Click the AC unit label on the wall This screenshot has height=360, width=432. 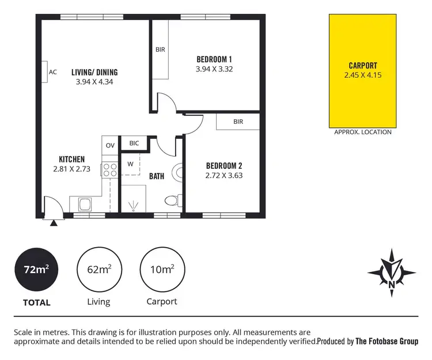pos(52,72)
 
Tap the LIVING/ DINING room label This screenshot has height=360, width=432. pos(94,73)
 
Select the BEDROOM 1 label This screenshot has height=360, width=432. pos(214,59)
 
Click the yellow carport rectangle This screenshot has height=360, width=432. pos(363,70)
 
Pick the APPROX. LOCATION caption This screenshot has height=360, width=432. pos(363,132)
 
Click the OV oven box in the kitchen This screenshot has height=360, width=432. pos(109,145)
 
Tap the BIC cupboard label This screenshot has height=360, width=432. pos(134,143)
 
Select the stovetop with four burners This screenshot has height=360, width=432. pos(109,169)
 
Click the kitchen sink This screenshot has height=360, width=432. pos(84,203)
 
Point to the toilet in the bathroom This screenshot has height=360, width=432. pos(172,200)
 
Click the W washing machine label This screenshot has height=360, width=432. pos(131,164)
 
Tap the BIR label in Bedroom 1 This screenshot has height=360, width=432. pos(160,50)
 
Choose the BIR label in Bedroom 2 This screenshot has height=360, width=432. pos(238,122)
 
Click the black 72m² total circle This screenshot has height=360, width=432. pos(36,269)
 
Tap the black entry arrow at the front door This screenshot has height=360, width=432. pos(54,222)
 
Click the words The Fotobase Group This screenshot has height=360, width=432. pos(386,341)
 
